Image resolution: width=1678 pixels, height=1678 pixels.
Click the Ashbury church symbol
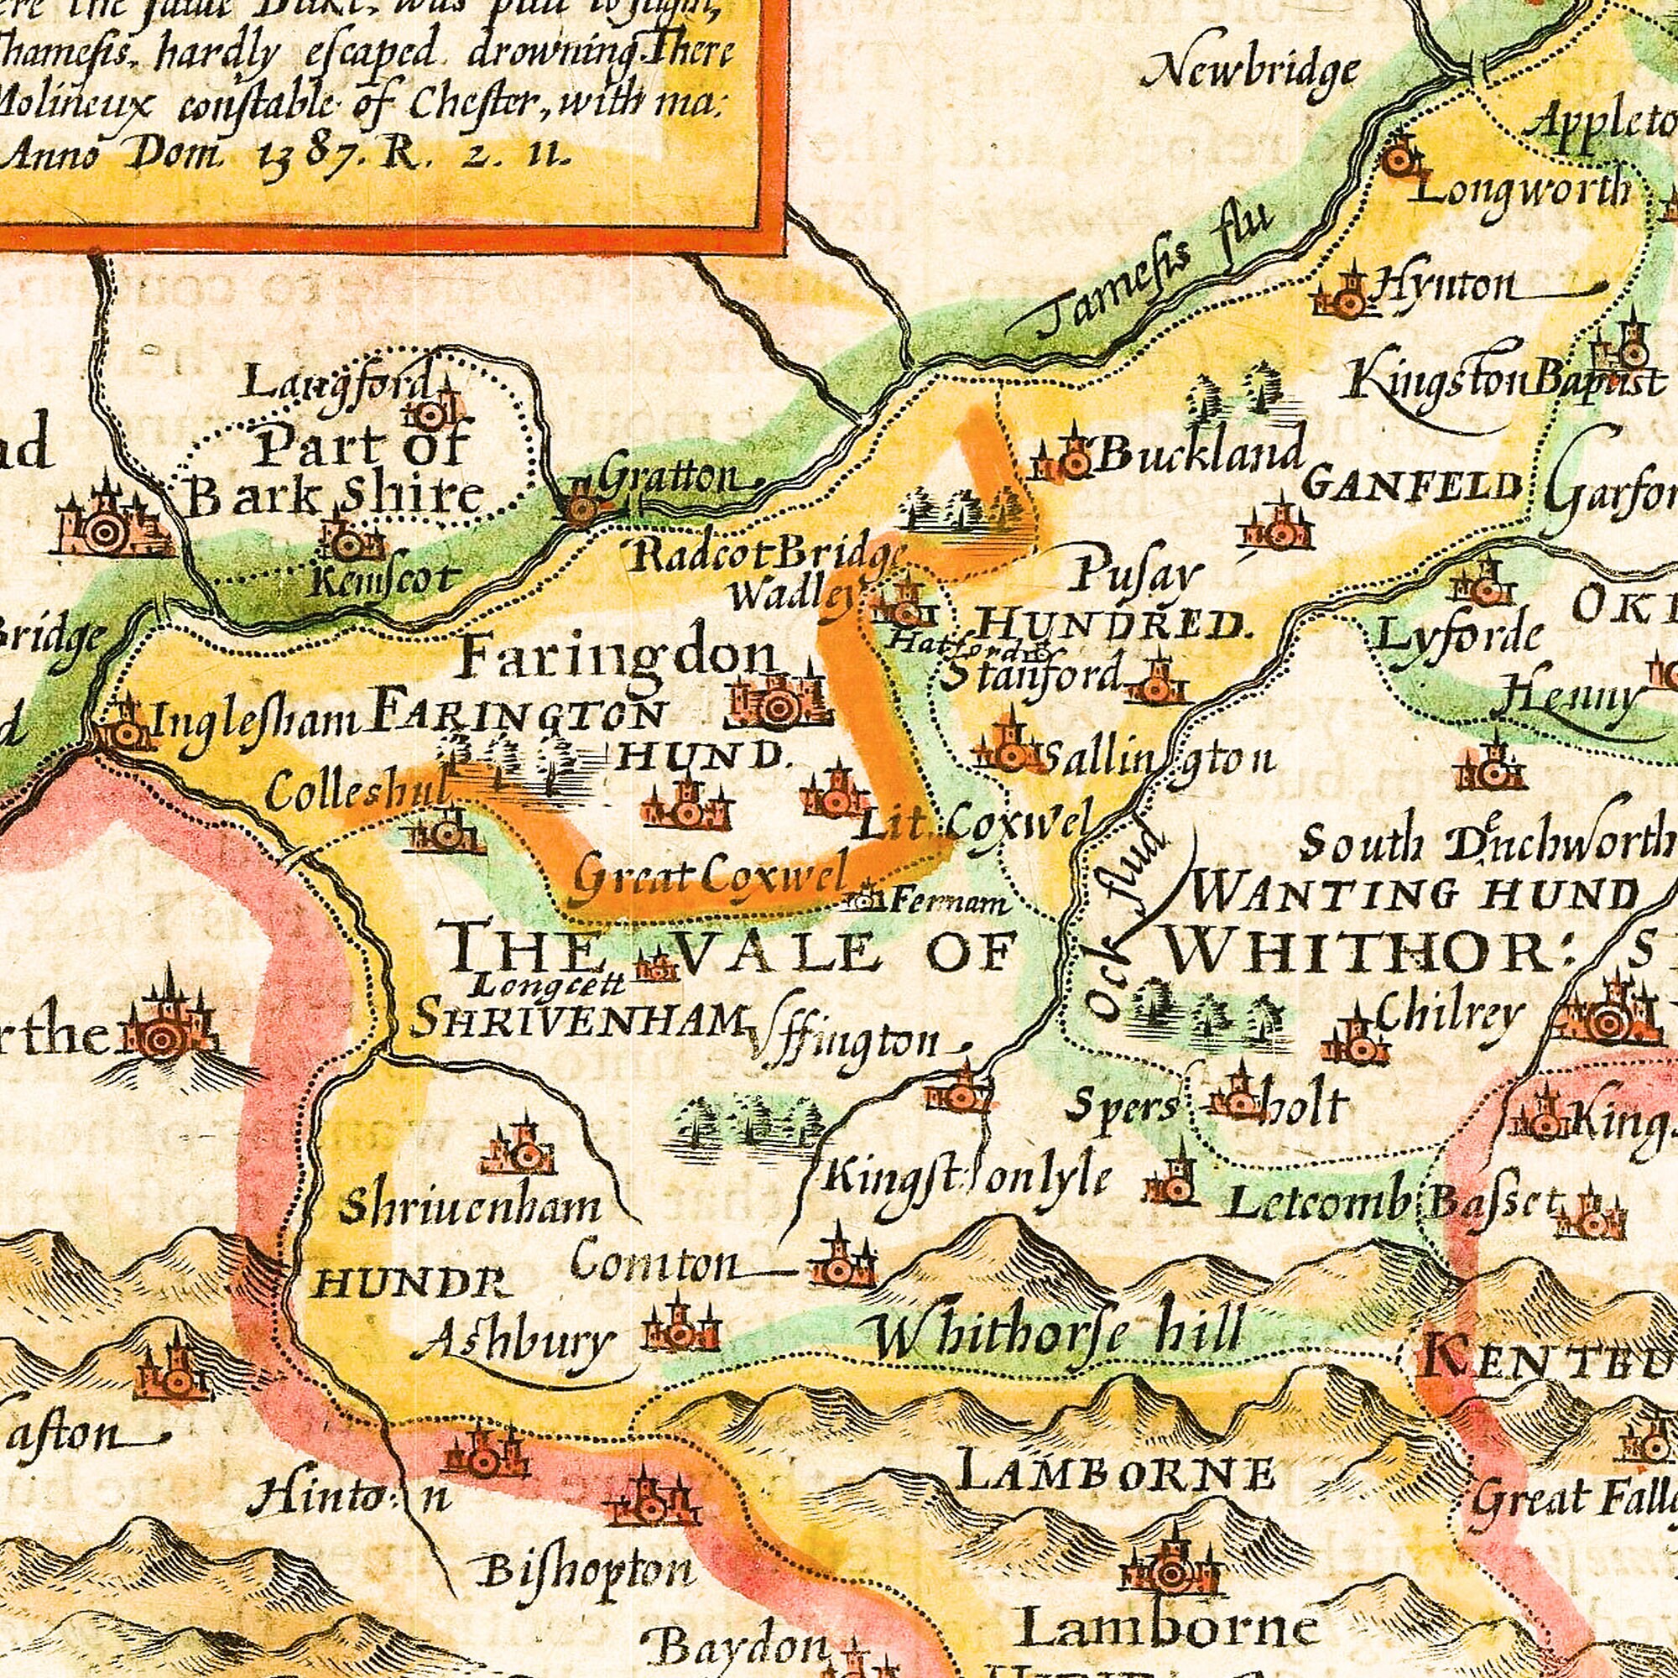[x=682, y=1327]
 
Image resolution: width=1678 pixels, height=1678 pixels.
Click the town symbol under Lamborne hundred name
[x=1170, y=1570]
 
